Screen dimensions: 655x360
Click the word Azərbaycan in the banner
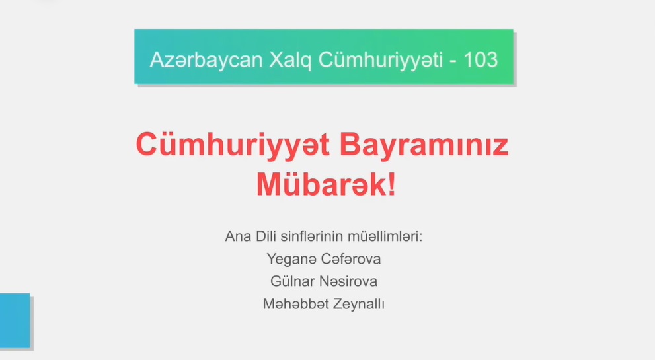(206, 59)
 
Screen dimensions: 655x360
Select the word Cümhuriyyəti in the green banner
(381, 60)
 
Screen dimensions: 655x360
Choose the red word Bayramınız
(424, 145)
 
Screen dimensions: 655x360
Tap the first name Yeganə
(291, 260)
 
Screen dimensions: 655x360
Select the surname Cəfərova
(351, 259)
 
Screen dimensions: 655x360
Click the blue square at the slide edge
(15, 320)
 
